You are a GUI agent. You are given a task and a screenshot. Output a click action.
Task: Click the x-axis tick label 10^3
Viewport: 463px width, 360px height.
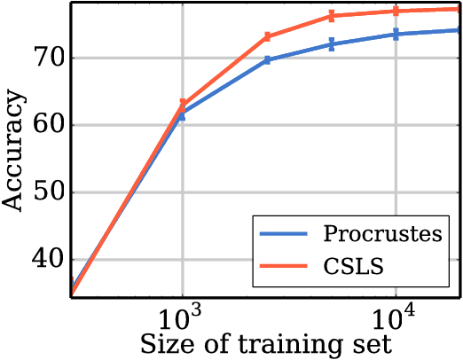(x=183, y=315)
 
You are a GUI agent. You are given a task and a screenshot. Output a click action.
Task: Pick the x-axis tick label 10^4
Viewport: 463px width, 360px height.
(x=396, y=315)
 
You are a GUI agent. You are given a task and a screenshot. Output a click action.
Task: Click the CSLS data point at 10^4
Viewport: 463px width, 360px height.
(x=396, y=11)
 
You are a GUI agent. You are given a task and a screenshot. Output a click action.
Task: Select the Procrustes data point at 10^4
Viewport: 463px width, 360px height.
(x=396, y=34)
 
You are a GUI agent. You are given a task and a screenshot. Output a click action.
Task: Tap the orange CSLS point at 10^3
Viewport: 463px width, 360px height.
(x=183, y=105)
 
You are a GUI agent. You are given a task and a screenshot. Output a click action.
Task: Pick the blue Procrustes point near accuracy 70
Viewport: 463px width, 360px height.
(x=267, y=59)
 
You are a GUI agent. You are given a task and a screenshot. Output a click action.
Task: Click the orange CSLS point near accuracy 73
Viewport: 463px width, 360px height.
(x=267, y=37)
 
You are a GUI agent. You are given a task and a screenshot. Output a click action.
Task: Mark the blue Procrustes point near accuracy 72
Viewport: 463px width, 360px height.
(x=331, y=44)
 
